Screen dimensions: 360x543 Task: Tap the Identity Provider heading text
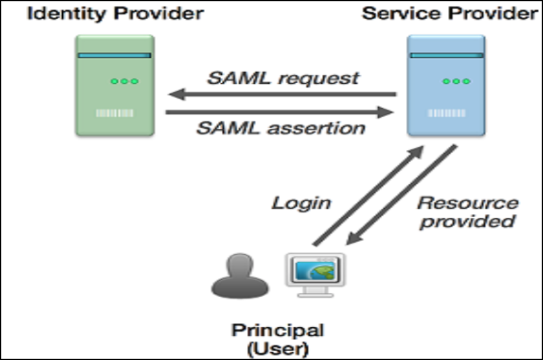(115, 13)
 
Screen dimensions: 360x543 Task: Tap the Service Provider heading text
(449, 13)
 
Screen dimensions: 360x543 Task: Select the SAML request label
(283, 79)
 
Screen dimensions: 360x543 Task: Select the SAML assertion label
(280, 127)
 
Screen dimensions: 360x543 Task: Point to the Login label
(301, 203)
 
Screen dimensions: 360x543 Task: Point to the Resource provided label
(467, 212)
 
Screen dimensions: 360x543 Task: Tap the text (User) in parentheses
(278, 349)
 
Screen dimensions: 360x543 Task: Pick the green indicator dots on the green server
(124, 81)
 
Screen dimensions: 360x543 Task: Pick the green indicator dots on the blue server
(456, 81)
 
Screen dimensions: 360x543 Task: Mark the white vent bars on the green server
(114, 113)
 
